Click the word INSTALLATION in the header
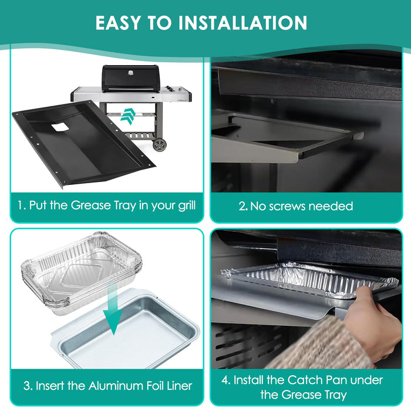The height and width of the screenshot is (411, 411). (242, 23)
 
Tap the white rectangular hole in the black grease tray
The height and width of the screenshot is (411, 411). (60, 127)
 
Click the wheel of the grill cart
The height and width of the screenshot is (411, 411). (159, 145)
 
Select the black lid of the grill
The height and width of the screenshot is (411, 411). (130, 78)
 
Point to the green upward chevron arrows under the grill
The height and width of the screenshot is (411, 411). (128, 116)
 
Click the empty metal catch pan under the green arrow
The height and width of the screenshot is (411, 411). (126, 330)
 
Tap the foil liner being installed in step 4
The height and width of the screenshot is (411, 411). (309, 281)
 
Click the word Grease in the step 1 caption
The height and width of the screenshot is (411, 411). (90, 206)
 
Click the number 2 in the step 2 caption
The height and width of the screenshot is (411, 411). (242, 207)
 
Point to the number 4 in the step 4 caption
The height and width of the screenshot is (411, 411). (225, 380)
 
